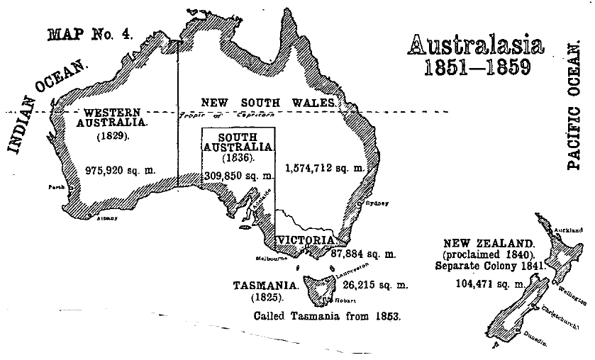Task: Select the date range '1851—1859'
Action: [x=477, y=69]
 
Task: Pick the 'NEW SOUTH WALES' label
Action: [x=267, y=101]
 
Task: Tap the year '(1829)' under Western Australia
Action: [x=113, y=135]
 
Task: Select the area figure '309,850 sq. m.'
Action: [x=238, y=175]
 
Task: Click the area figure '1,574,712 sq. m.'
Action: [x=324, y=169]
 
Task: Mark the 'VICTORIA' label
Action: [x=305, y=241]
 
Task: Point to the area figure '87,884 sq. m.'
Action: [x=363, y=253]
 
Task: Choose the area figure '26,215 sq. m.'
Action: [x=376, y=285]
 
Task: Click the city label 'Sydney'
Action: [x=376, y=203]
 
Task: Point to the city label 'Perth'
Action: [x=55, y=188]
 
